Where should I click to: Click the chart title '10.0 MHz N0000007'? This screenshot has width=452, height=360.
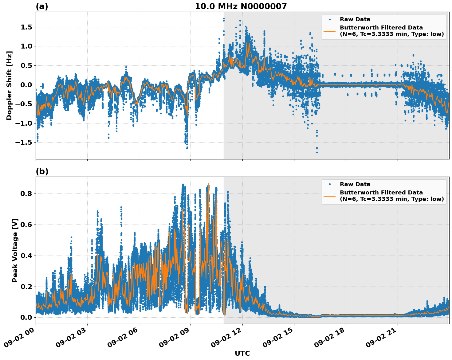click(x=241, y=6)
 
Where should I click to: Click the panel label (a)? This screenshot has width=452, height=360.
click(x=42, y=6)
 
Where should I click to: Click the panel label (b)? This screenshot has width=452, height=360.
click(x=42, y=171)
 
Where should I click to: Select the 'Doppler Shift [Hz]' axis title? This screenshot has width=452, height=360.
click(x=9, y=85)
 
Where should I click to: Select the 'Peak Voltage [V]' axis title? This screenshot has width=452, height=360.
click(x=15, y=250)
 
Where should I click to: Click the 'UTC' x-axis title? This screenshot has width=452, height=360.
click(x=242, y=353)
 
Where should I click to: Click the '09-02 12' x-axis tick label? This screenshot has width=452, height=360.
click(x=226, y=340)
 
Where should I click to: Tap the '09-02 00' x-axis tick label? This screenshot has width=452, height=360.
click(x=19, y=340)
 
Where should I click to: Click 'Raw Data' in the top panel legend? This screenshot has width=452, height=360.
click(x=355, y=19)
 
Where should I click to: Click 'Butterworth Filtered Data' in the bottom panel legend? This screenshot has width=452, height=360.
click(x=381, y=193)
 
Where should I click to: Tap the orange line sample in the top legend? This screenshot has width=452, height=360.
click(x=329, y=31)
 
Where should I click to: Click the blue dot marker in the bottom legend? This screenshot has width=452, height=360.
click(x=329, y=184)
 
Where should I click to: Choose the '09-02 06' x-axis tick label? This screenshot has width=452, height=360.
click(x=123, y=340)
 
